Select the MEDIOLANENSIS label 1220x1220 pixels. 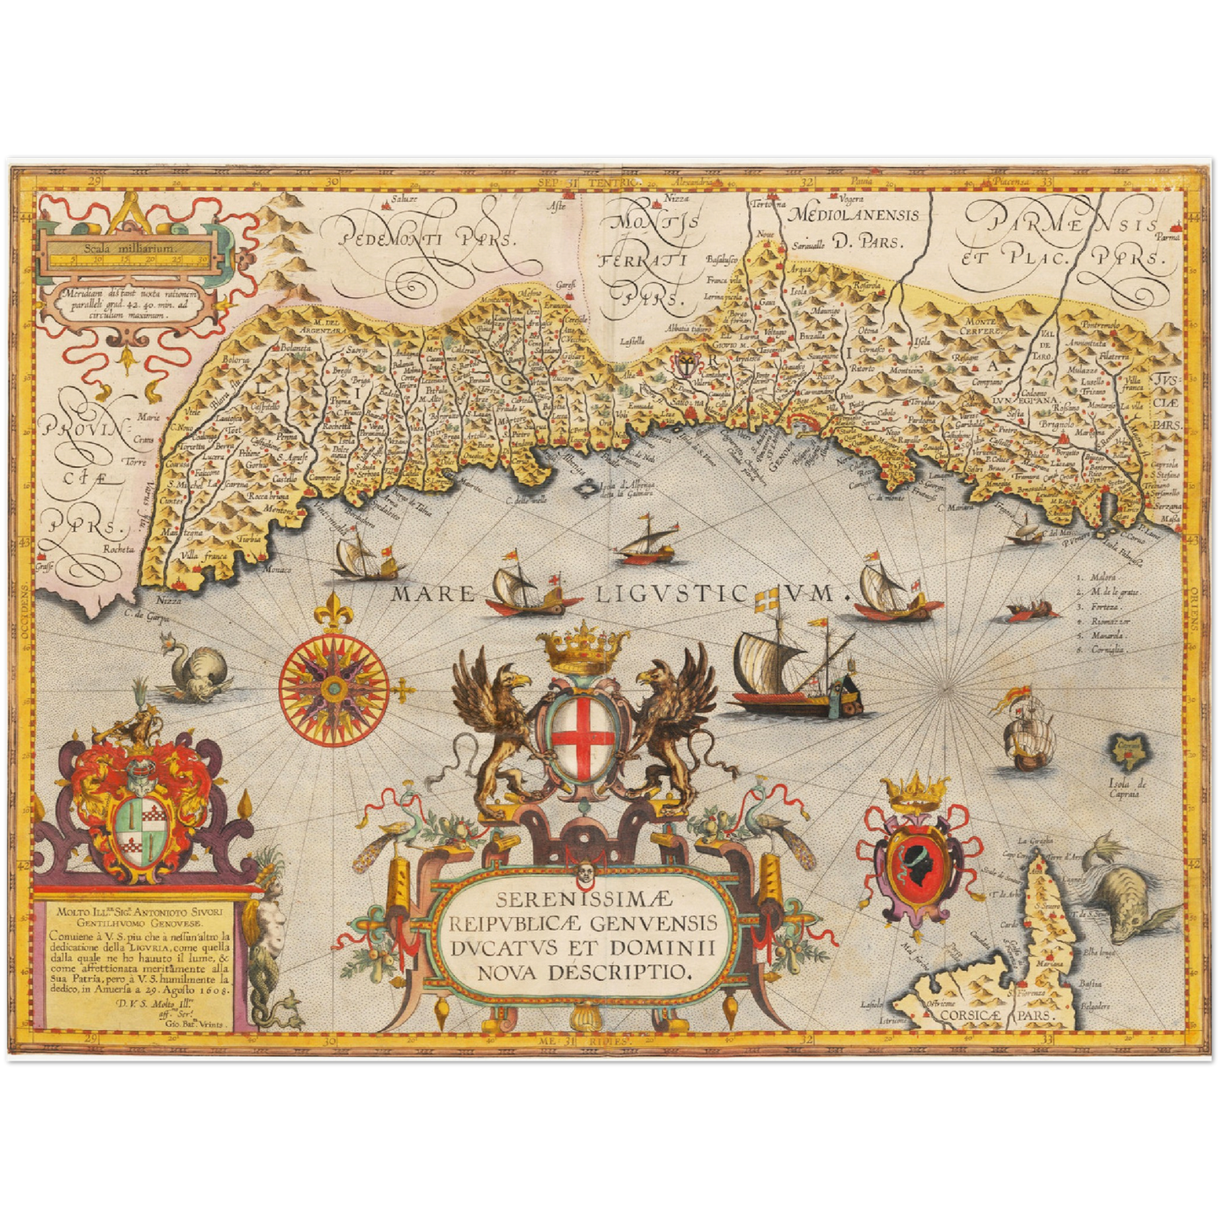[853, 214]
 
